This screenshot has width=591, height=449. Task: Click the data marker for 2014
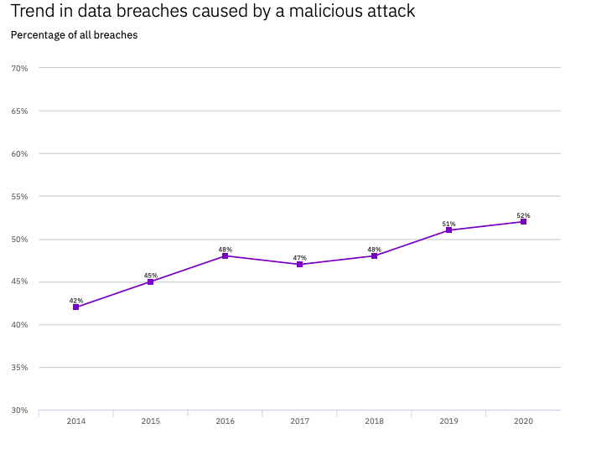pyautogui.click(x=76, y=307)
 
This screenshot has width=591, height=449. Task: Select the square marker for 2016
pyautogui.click(x=225, y=255)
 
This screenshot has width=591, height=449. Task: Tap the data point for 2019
pyautogui.click(x=449, y=230)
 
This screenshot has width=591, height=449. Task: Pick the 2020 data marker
pyautogui.click(x=523, y=221)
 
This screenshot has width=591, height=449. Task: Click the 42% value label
pyautogui.click(x=76, y=300)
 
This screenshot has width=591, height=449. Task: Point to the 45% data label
pyautogui.click(x=151, y=275)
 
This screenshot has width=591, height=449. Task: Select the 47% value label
pyautogui.click(x=299, y=257)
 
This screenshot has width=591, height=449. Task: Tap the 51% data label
pyautogui.click(x=449, y=224)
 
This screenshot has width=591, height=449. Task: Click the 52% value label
pyautogui.click(x=523, y=215)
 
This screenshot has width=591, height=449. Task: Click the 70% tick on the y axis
pyautogui.click(x=19, y=68)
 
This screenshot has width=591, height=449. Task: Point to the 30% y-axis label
pyautogui.click(x=19, y=410)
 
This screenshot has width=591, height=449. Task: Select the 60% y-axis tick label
pyautogui.click(x=19, y=153)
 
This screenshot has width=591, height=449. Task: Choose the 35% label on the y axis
pyautogui.click(x=19, y=368)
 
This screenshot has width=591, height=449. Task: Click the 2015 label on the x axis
pyautogui.click(x=151, y=421)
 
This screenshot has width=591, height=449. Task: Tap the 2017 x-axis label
pyautogui.click(x=299, y=421)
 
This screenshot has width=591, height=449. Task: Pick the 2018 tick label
pyautogui.click(x=374, y=421)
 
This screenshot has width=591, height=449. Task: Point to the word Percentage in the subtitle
pyautogui.click(x=38, y=35)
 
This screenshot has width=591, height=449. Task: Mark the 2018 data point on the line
pyautogui.click(x=374, y=255)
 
